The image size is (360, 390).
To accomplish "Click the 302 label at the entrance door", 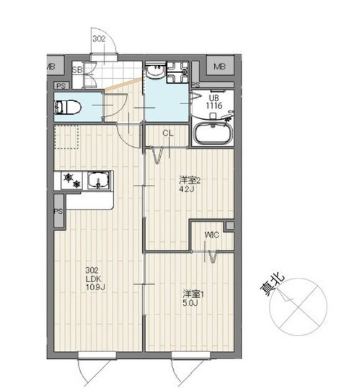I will (99, 38).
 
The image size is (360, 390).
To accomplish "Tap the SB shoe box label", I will (77, 69).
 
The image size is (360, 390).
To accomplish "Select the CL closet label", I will (168, 133).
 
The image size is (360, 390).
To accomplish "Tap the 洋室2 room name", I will (190, 180).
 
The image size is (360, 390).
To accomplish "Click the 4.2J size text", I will (189, 189).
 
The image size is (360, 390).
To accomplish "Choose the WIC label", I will (212, 235).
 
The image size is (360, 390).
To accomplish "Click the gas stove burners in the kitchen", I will (70, 182).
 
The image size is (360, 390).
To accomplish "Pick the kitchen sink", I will (98, 182).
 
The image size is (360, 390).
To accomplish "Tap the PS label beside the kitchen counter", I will (58, 211).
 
